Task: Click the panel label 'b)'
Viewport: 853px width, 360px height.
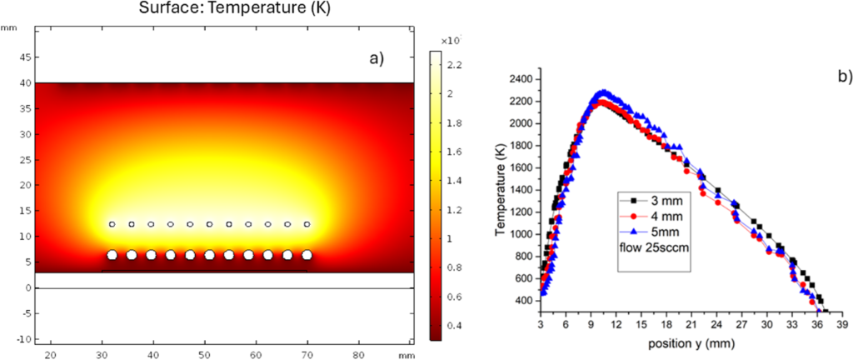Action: point(842,77)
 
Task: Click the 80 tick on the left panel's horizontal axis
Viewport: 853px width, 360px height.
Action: point(360,356)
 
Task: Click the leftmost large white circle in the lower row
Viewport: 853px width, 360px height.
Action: point(112,255)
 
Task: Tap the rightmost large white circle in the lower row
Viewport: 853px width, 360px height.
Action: point(307,255)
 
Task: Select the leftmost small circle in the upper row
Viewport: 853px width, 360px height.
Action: point(112,224)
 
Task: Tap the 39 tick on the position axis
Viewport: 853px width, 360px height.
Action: point(843,325)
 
